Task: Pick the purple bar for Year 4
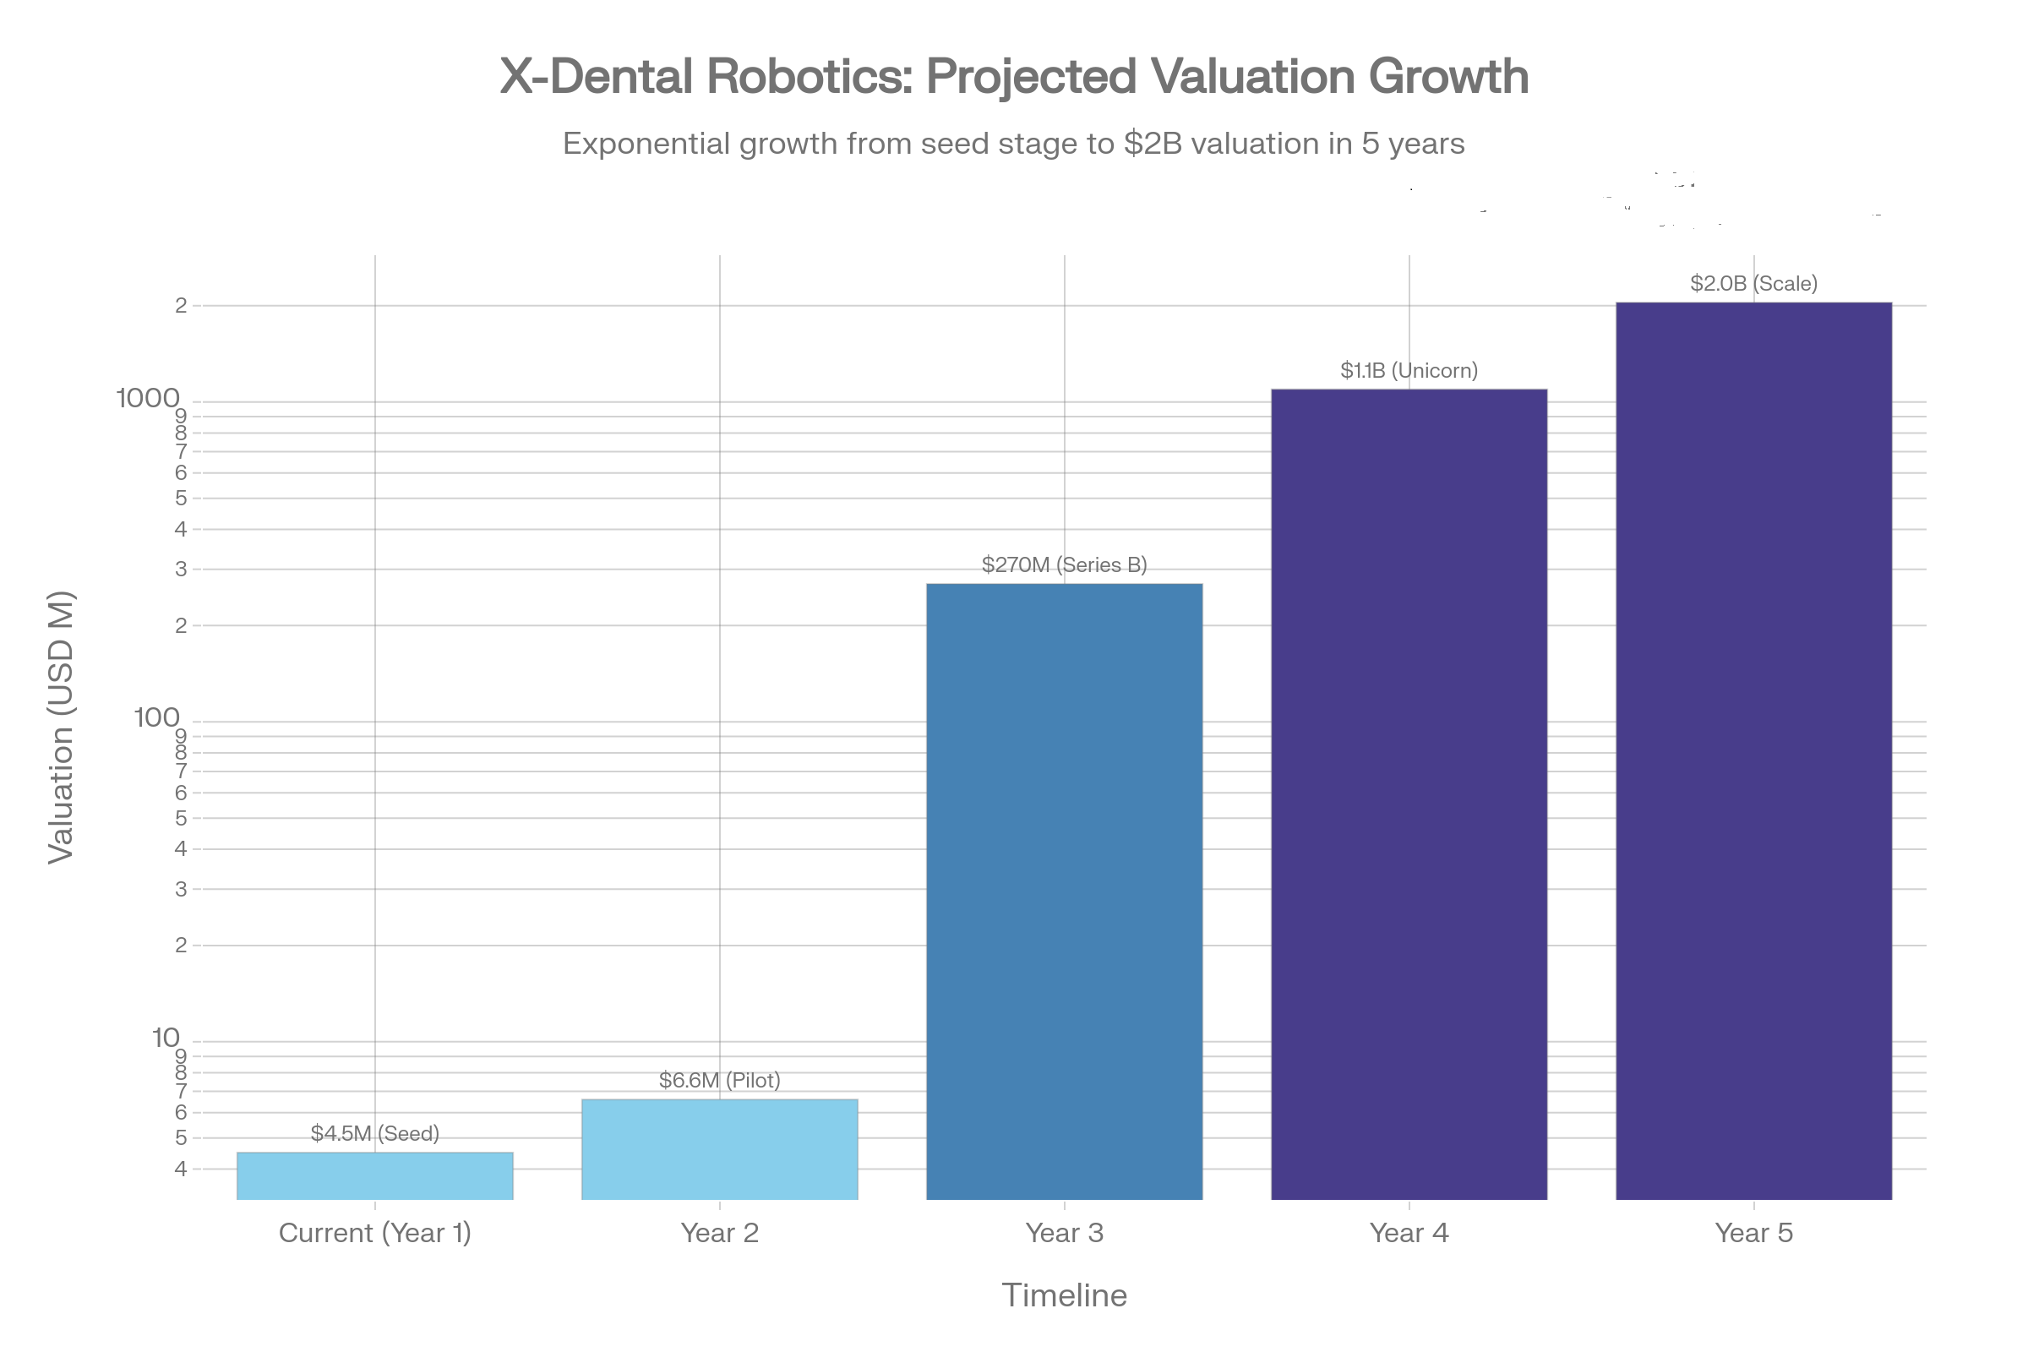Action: (x=1409, y=793)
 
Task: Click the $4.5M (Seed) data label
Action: (x=375, y=1133)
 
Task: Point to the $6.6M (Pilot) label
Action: (x=719, y=1081)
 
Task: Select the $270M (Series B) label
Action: (x=1064, y=564)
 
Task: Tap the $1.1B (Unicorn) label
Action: (x=1409, y=371)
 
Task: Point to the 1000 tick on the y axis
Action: (x=149, y=398)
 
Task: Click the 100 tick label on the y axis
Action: (x=157, y=717)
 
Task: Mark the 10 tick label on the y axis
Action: (x=166, y=1038)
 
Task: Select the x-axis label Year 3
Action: (x=1064, y=1233)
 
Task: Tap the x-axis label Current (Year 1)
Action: (x=375, y=1233)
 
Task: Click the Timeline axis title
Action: (x=1064, y=1295)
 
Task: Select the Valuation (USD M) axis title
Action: (x=61, y=727)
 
